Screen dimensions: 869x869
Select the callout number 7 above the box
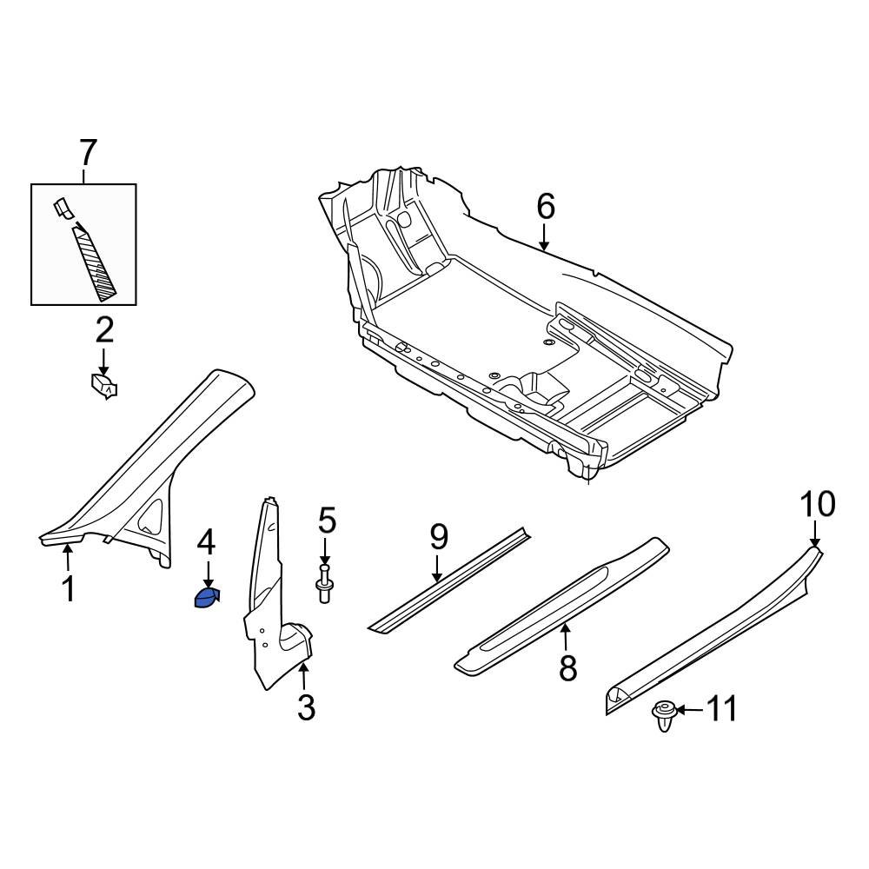tap(87, 154)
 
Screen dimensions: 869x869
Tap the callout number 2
tap(103, 330)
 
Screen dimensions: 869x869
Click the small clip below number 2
tap(104, 384)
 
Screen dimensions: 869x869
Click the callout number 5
tap(326, 521)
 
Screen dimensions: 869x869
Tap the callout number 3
tap(306, 707)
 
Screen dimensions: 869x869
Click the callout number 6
tap(545, 207)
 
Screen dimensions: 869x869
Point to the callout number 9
tap(438, 537)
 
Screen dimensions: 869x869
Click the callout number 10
tap(817, 504)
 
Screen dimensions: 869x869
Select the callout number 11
tap(720, 709)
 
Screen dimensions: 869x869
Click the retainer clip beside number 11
tap(664, 715)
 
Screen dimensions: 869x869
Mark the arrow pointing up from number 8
tap(567, 638)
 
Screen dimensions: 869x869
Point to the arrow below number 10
tap(816, 534)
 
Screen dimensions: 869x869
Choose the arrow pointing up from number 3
tap(305, 676)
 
